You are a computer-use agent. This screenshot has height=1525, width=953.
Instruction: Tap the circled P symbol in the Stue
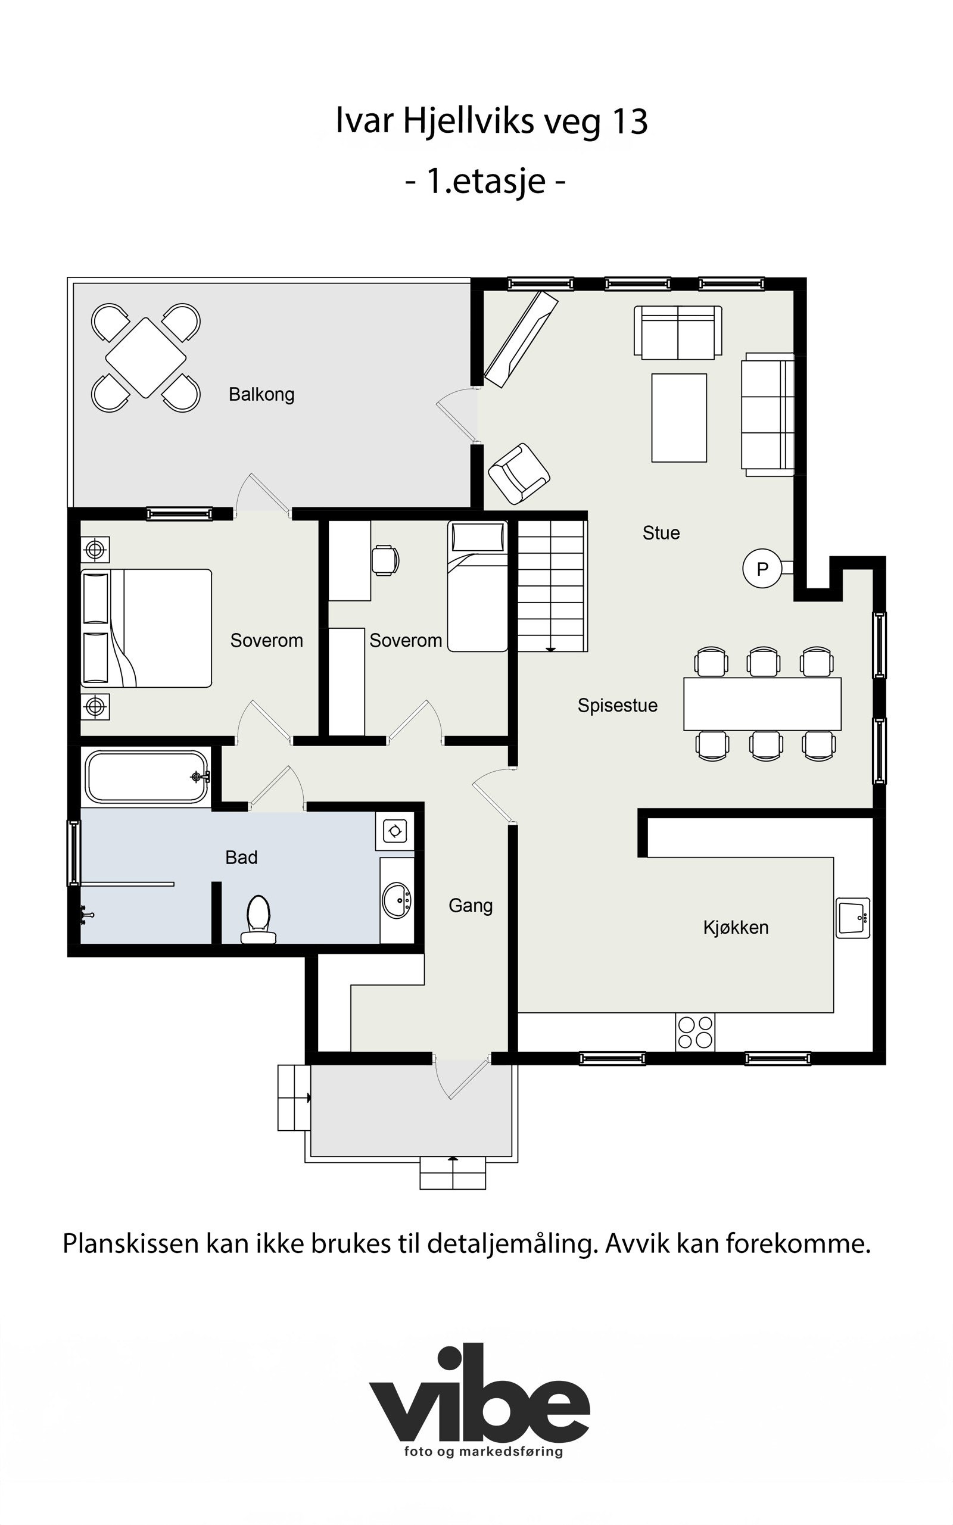[x=762, y=569]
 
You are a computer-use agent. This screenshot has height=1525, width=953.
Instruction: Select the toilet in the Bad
[x=259, y=920]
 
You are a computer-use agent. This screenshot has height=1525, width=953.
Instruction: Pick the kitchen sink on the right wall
[x=854, y=918]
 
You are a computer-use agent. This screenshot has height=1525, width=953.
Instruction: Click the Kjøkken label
[x=736, y=928]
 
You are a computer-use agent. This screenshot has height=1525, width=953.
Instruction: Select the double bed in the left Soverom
[x=147, y=628]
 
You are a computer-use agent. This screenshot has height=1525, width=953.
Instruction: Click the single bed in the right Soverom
[x=478, y=586]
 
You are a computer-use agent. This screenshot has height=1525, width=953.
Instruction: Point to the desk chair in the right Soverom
[x=385, y=560]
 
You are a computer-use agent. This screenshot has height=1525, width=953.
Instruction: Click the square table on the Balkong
[x=145, y=357]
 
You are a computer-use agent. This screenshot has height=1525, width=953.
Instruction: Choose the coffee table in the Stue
[x=679, y=418]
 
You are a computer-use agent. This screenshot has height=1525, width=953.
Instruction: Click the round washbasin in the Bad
[x=397, y=900]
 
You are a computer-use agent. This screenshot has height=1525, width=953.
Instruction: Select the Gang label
[x=470, y=906]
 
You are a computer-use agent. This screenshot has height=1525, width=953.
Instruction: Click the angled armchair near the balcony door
[x=519, y=473]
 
